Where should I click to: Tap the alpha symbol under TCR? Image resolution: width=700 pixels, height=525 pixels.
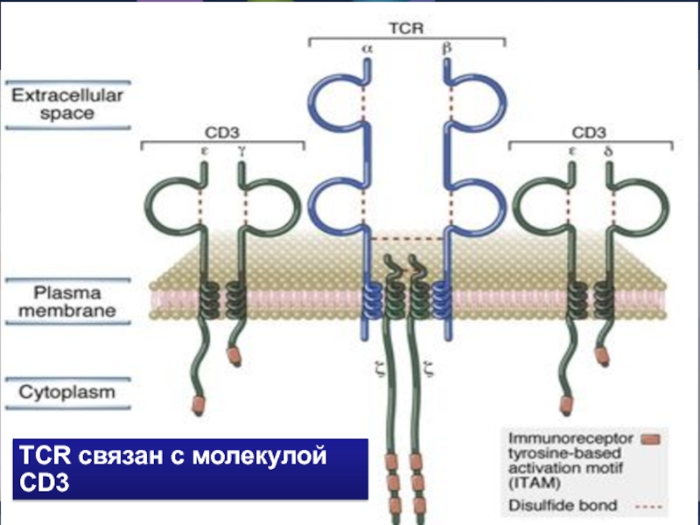pos(367,51)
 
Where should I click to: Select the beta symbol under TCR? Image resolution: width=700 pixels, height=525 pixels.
pos(447,51)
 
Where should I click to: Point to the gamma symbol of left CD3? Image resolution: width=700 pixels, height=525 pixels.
pos(241,150)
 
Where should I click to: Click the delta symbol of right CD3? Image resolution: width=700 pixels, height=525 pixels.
pos(607,150)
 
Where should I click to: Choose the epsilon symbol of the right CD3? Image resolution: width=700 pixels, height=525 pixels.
pos(572,150)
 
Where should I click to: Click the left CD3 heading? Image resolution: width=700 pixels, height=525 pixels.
pos(222,133)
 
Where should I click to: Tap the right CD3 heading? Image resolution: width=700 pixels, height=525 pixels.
pos(588,133)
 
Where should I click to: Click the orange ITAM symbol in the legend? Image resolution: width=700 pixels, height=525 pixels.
pos(650,438)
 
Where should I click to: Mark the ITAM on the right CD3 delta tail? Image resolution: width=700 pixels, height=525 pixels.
pos(604,355)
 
